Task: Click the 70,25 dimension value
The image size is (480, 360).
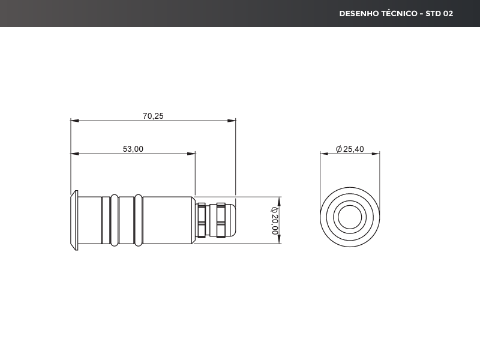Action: point(153,116)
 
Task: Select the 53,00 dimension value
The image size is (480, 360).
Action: point(133,149)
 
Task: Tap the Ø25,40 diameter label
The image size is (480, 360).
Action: point(350,149)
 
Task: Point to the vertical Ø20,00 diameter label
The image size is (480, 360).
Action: point(275,220)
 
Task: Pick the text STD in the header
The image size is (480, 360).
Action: point(433,13)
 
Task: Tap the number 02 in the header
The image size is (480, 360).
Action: point(448,13)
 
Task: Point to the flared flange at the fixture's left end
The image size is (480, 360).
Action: point(74,220)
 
